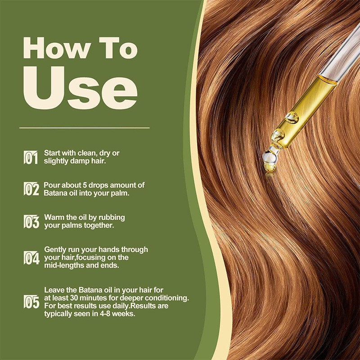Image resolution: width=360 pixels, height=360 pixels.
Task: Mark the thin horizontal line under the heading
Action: [85, 128]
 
